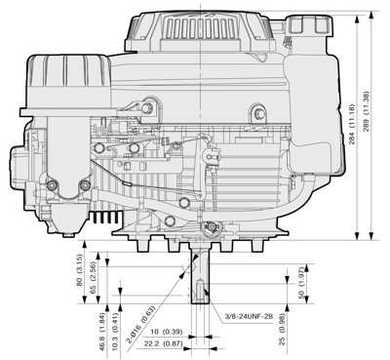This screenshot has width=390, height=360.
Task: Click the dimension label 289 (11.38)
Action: (367, 111)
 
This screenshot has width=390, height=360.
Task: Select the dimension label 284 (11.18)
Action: (353, 125)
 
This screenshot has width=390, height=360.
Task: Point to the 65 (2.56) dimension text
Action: (92, 277)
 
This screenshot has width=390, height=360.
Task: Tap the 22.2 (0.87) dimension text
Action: (162, 343)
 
